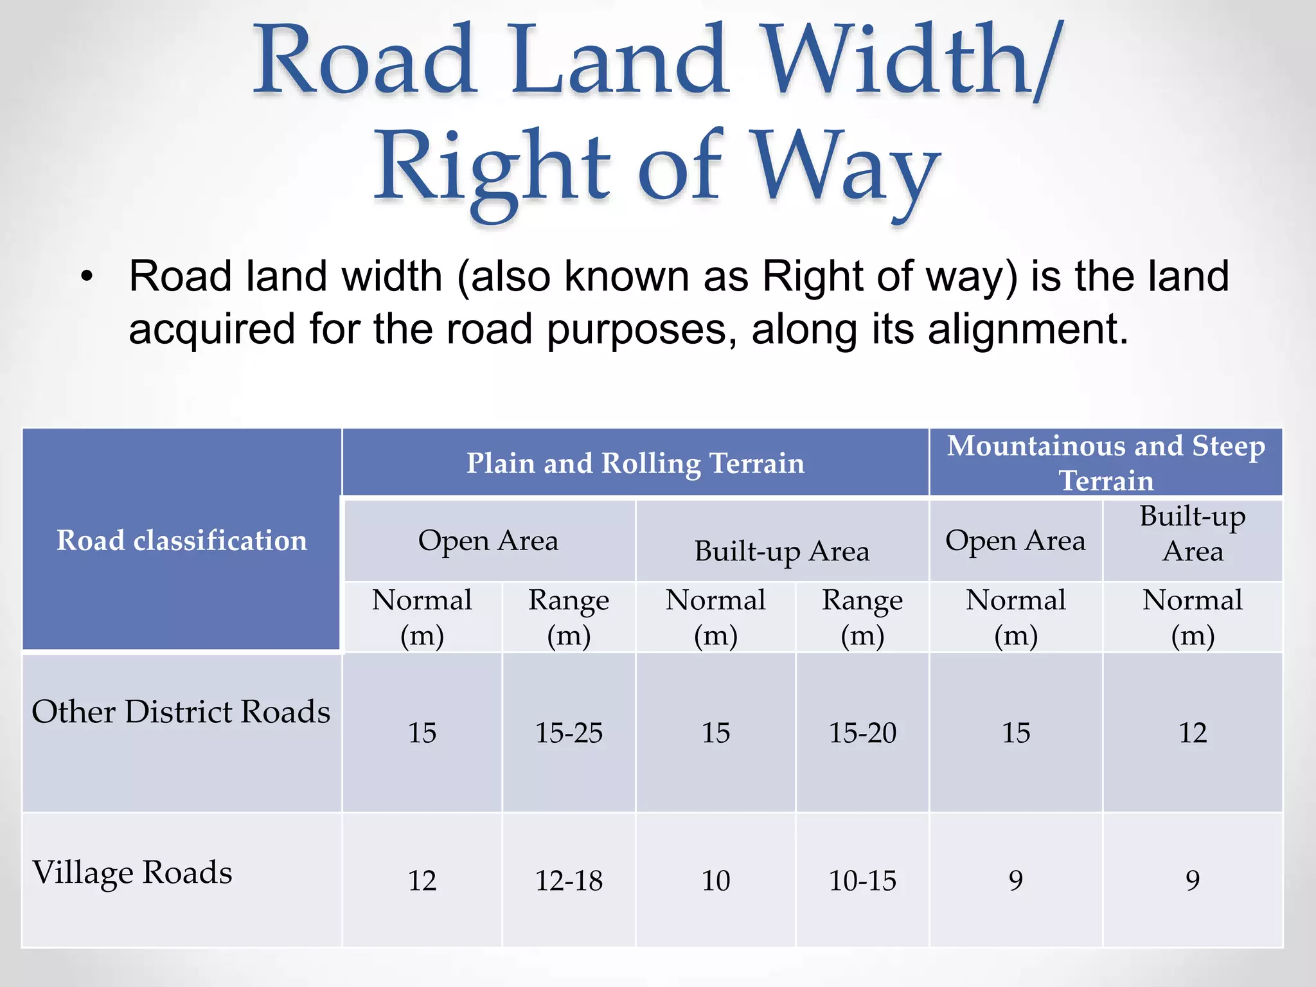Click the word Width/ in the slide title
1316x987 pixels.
click(x=912, y=61)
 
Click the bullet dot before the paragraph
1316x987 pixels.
click(x=87, y=278)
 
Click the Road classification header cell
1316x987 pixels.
click(x=182, y=540)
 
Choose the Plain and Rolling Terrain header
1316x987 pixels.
click(x=635, y=463)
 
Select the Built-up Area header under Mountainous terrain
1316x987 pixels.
click(x=1193, y=534)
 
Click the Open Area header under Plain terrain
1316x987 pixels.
click(x=488, y=540)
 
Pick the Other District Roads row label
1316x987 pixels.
click(x=181, y=712)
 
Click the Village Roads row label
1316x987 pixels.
click(x=132, y=873)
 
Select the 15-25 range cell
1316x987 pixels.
click(x=569, y=733)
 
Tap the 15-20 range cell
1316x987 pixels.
click(x=862, y=733)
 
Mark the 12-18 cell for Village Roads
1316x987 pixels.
click(x=569, y=880)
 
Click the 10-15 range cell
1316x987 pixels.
click(x=862, y=880)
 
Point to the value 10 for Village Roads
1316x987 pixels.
click(x=716, y=880)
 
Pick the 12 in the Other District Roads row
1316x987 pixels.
click(x=1193, y=733)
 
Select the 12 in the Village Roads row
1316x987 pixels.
click(x=422, y=880)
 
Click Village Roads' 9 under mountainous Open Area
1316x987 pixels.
click(x=1016, y=880)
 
